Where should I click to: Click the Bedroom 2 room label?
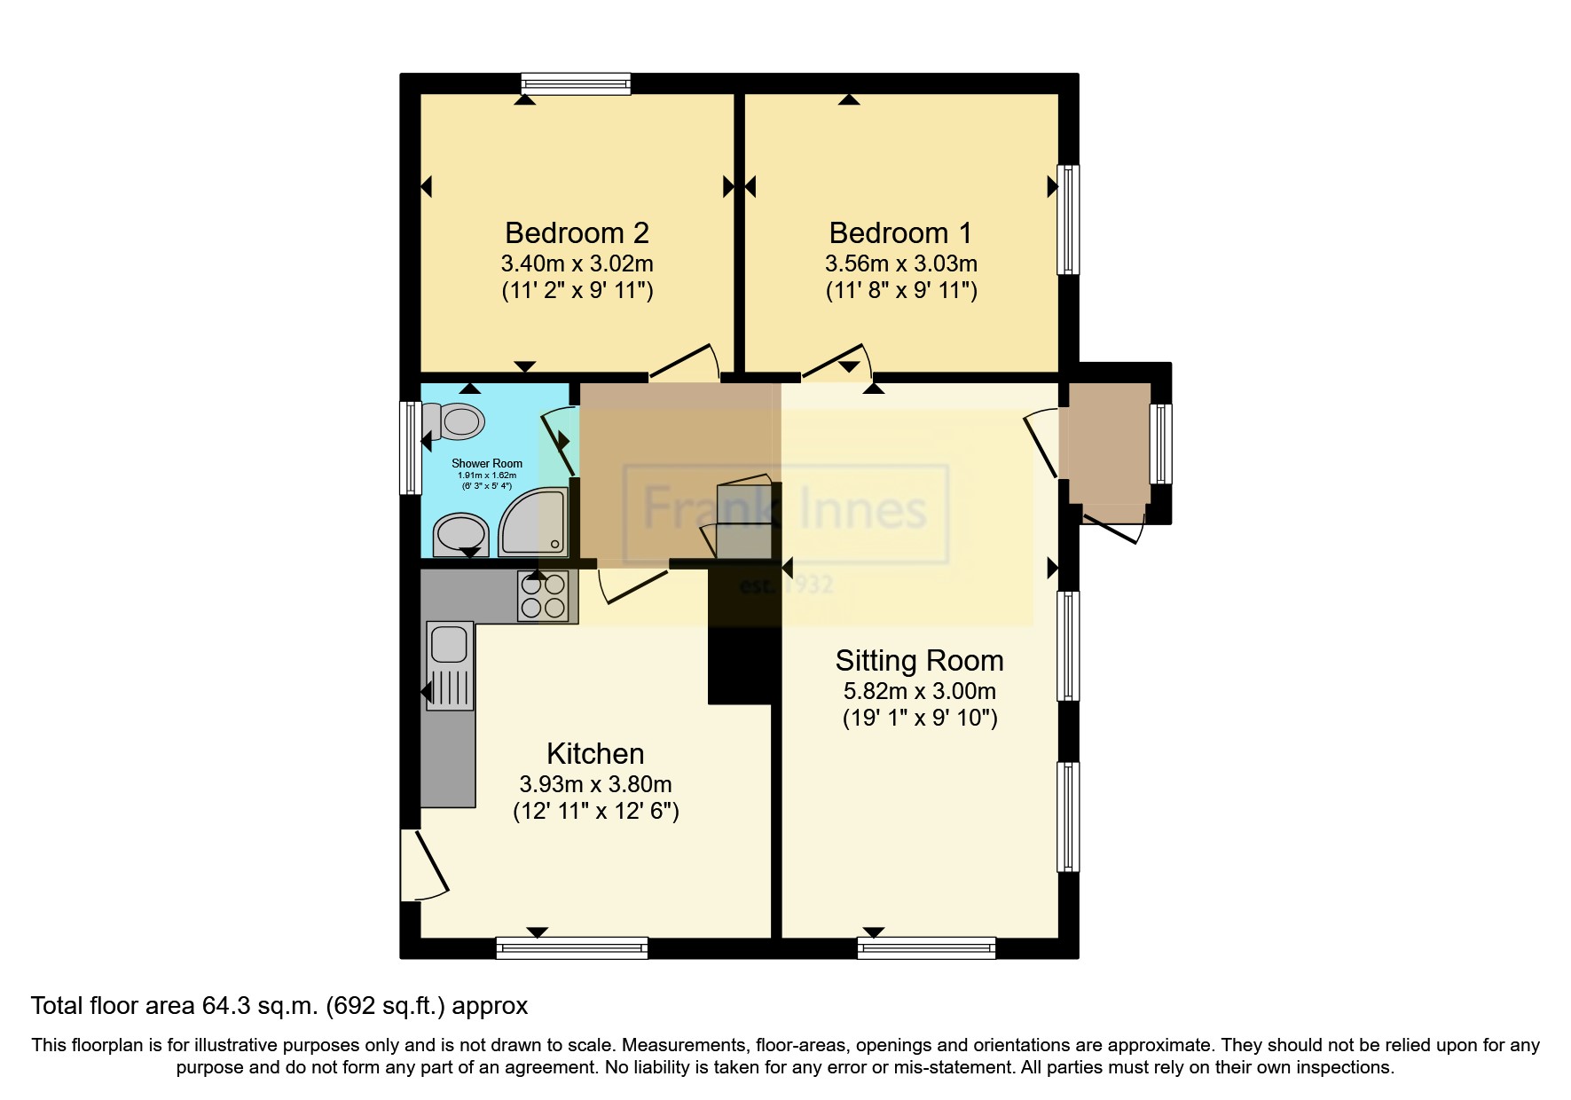[x=577, y=232]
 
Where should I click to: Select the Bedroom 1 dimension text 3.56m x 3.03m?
[x=900, y=263]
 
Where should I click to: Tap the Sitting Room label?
[x=919, y=661]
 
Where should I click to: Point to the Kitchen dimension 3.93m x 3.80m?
[x=595, y=784]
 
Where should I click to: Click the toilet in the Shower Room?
[x=454, y=420]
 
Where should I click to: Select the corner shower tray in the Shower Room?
[x=534, y=522]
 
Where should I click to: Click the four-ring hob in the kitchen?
[x=544, y=595]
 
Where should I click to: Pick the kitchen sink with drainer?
[x=450, y=665]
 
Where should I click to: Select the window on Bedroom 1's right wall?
[x=1068, y=219]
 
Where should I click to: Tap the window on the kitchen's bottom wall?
[x=572, y=948]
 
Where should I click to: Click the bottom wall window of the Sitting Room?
[x=926, y=948]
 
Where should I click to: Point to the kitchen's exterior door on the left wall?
[x=424, y=865]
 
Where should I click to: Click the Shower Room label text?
[x=487, y=463]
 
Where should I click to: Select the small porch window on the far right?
[x=1161, y=444]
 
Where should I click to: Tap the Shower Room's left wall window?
[x=410, y=447]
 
